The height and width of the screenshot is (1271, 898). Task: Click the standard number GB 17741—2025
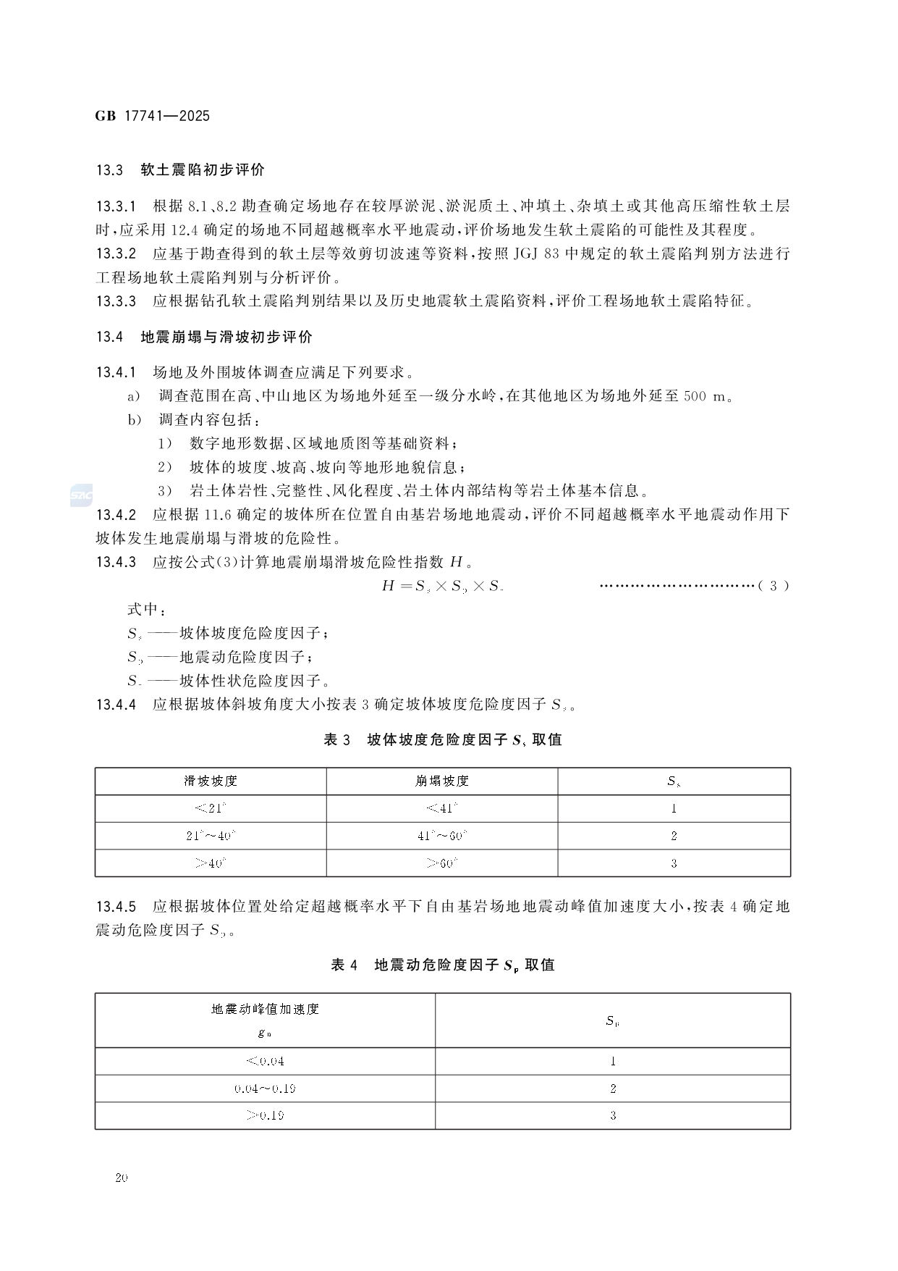(x=152, y=116)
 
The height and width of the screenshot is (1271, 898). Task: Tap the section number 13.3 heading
(x=110, y=170)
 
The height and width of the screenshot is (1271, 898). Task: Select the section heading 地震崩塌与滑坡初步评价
(x=226, y=337)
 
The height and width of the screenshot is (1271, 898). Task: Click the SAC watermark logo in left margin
(x=78, y=495)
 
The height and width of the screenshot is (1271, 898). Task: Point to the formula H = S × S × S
(x=442, y=586)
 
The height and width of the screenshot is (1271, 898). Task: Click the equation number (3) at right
(x=774, y=586)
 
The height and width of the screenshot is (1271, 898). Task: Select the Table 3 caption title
(x=442, y=739)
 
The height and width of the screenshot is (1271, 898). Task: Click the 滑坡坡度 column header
(x=211, y=781)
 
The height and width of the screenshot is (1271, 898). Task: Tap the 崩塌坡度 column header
(x=442, y=781)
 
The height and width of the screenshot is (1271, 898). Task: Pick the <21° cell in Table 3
(x=211, y=808)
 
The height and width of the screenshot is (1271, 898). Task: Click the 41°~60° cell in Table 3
(x=442, y=836)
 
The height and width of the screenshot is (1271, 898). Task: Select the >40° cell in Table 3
(x=211, y=863)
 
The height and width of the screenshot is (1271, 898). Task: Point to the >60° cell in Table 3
(x=442, y=863)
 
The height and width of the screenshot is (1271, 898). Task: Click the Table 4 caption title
(x=442, y=965)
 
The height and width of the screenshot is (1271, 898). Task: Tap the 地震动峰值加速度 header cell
(x=265, y=1009)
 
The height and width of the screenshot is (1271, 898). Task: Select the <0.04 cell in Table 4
(x=265, y=1061)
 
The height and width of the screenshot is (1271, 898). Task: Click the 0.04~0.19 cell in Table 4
(x=265, y=1088)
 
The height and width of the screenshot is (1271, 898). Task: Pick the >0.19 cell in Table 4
(x=265, y=1115)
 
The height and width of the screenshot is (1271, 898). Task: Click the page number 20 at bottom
(x=121, y=1178)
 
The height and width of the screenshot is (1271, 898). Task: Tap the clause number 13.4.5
(x=116, y=907)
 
